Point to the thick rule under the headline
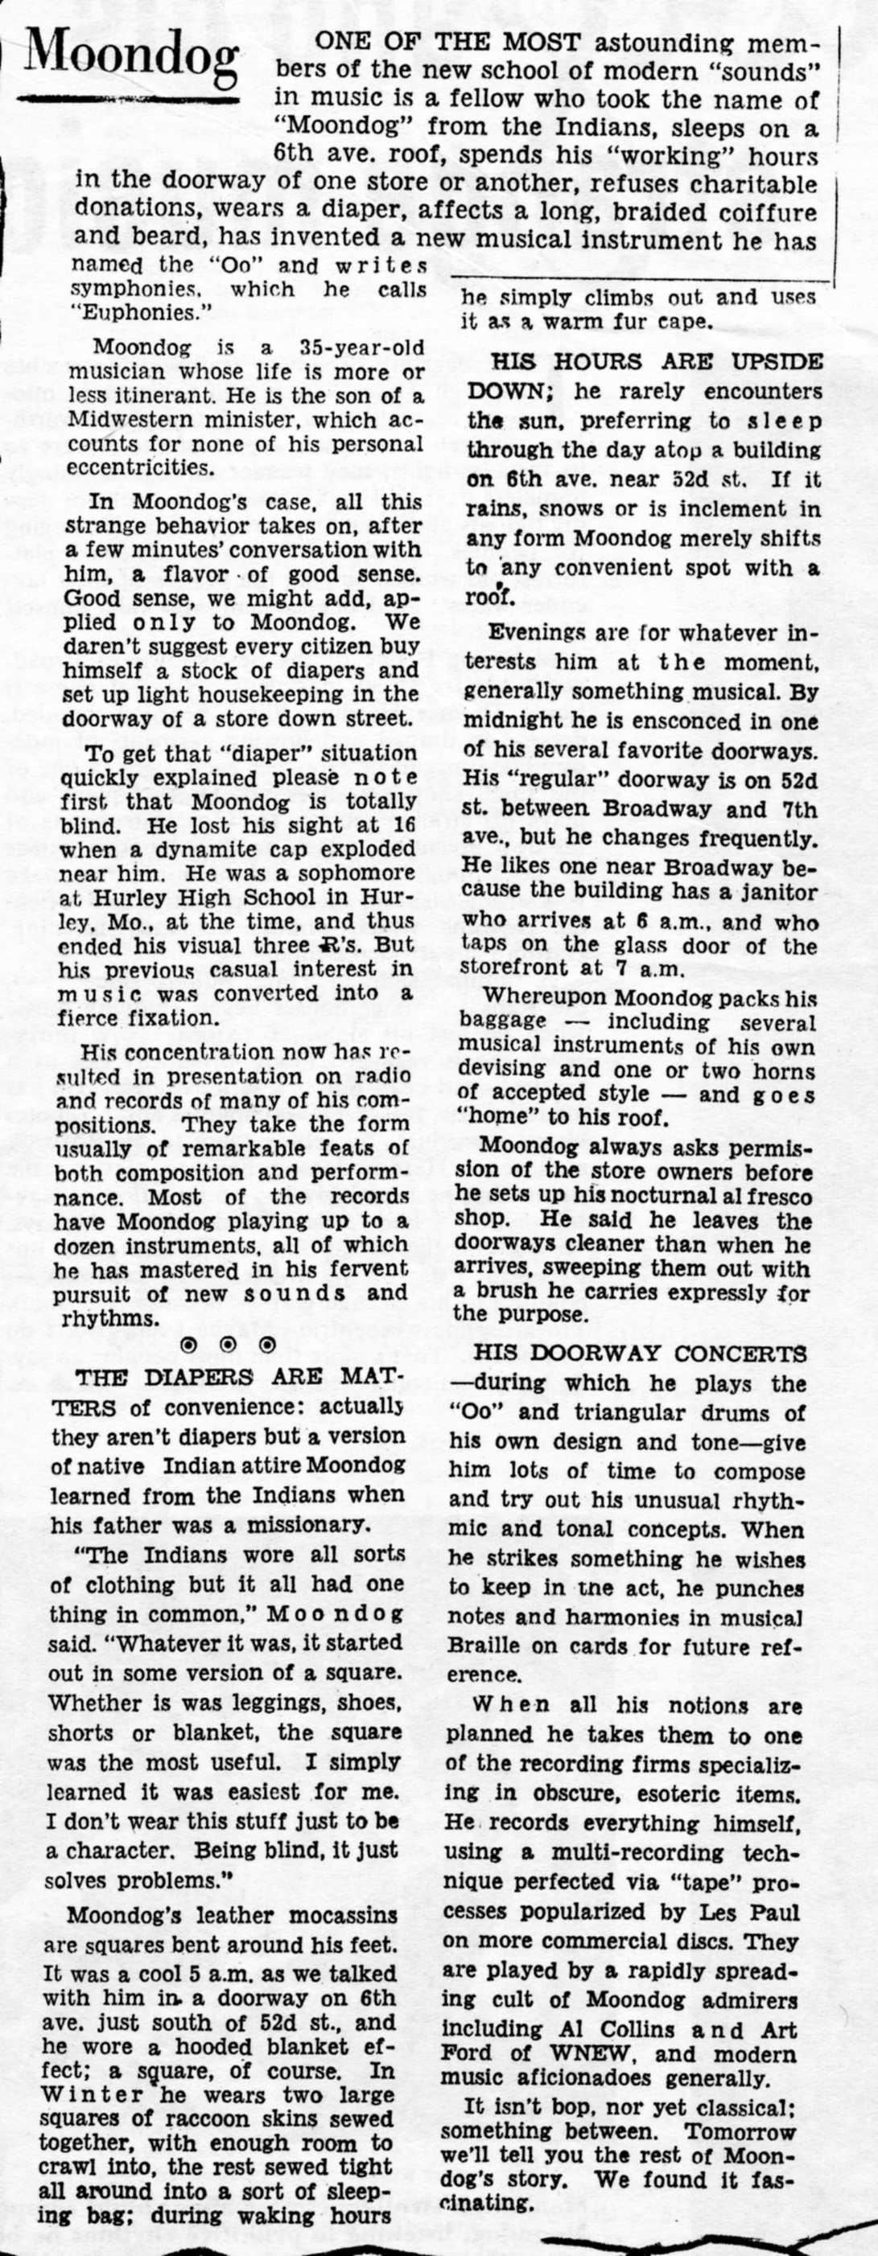coord(131,100)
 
